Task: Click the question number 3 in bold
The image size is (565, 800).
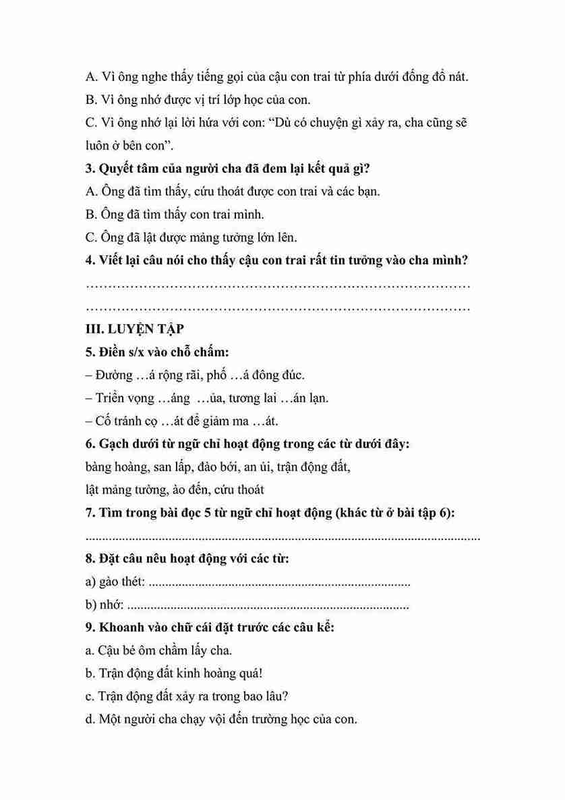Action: coord(91,168)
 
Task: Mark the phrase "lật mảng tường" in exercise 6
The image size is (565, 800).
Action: coord(127,489)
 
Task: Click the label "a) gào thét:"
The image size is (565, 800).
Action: coord(116,582)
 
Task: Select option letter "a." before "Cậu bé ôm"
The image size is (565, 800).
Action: coord(90,651)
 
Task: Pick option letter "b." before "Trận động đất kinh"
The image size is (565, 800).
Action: coord(90,674)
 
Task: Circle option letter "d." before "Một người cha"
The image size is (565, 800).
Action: coord(90,720)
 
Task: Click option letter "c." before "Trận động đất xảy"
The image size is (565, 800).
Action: coord(90,697)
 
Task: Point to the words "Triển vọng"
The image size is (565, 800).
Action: coord(124,398)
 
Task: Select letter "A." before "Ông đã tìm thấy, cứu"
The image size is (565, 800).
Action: coord(92,191)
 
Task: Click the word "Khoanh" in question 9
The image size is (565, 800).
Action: coord(122,627)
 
